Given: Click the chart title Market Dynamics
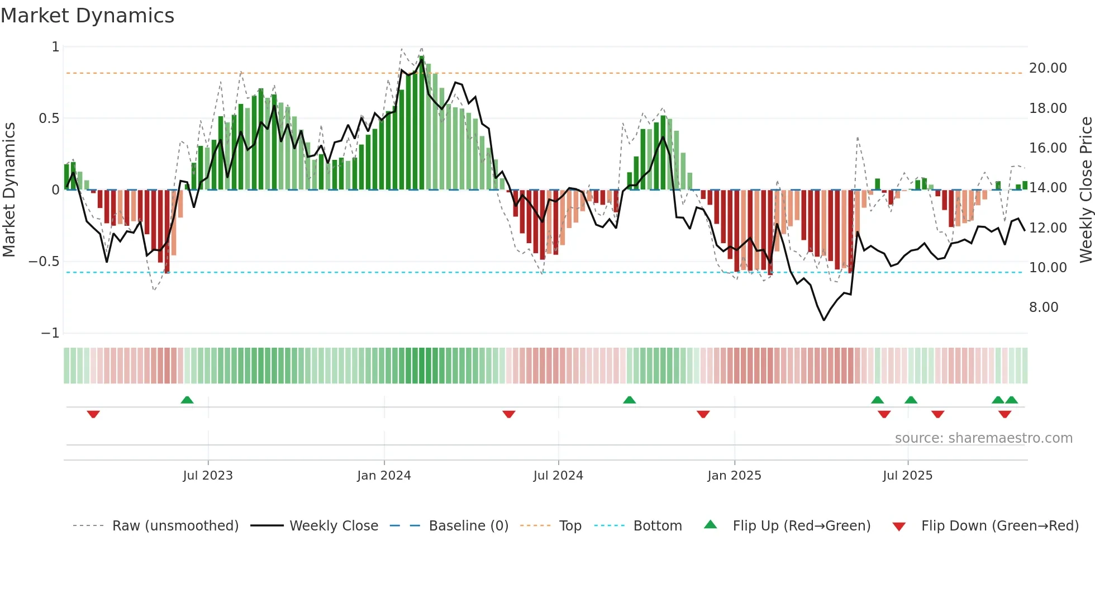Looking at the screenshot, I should [87, 16].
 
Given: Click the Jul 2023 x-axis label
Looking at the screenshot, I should [207, 475].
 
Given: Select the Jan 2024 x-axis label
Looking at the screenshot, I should [384, 475].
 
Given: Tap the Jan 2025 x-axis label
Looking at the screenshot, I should [734, 475].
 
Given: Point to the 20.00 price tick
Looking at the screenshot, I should [1048, 68].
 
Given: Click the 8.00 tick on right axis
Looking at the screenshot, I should [1043, 307].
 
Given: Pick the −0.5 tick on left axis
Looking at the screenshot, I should [44, 262].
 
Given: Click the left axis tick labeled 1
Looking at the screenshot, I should [55, 47].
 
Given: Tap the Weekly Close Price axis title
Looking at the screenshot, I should [1086, 189].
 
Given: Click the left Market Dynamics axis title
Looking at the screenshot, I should [9, 189].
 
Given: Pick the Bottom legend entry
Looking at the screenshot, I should [657, 526].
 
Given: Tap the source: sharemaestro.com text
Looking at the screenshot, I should [983, 438].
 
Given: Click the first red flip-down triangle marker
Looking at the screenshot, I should [93, 414].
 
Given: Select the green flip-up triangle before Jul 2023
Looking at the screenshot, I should [187, 400].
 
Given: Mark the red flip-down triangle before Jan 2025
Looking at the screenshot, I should [703, 414].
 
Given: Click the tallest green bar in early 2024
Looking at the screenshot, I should [422, 123].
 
